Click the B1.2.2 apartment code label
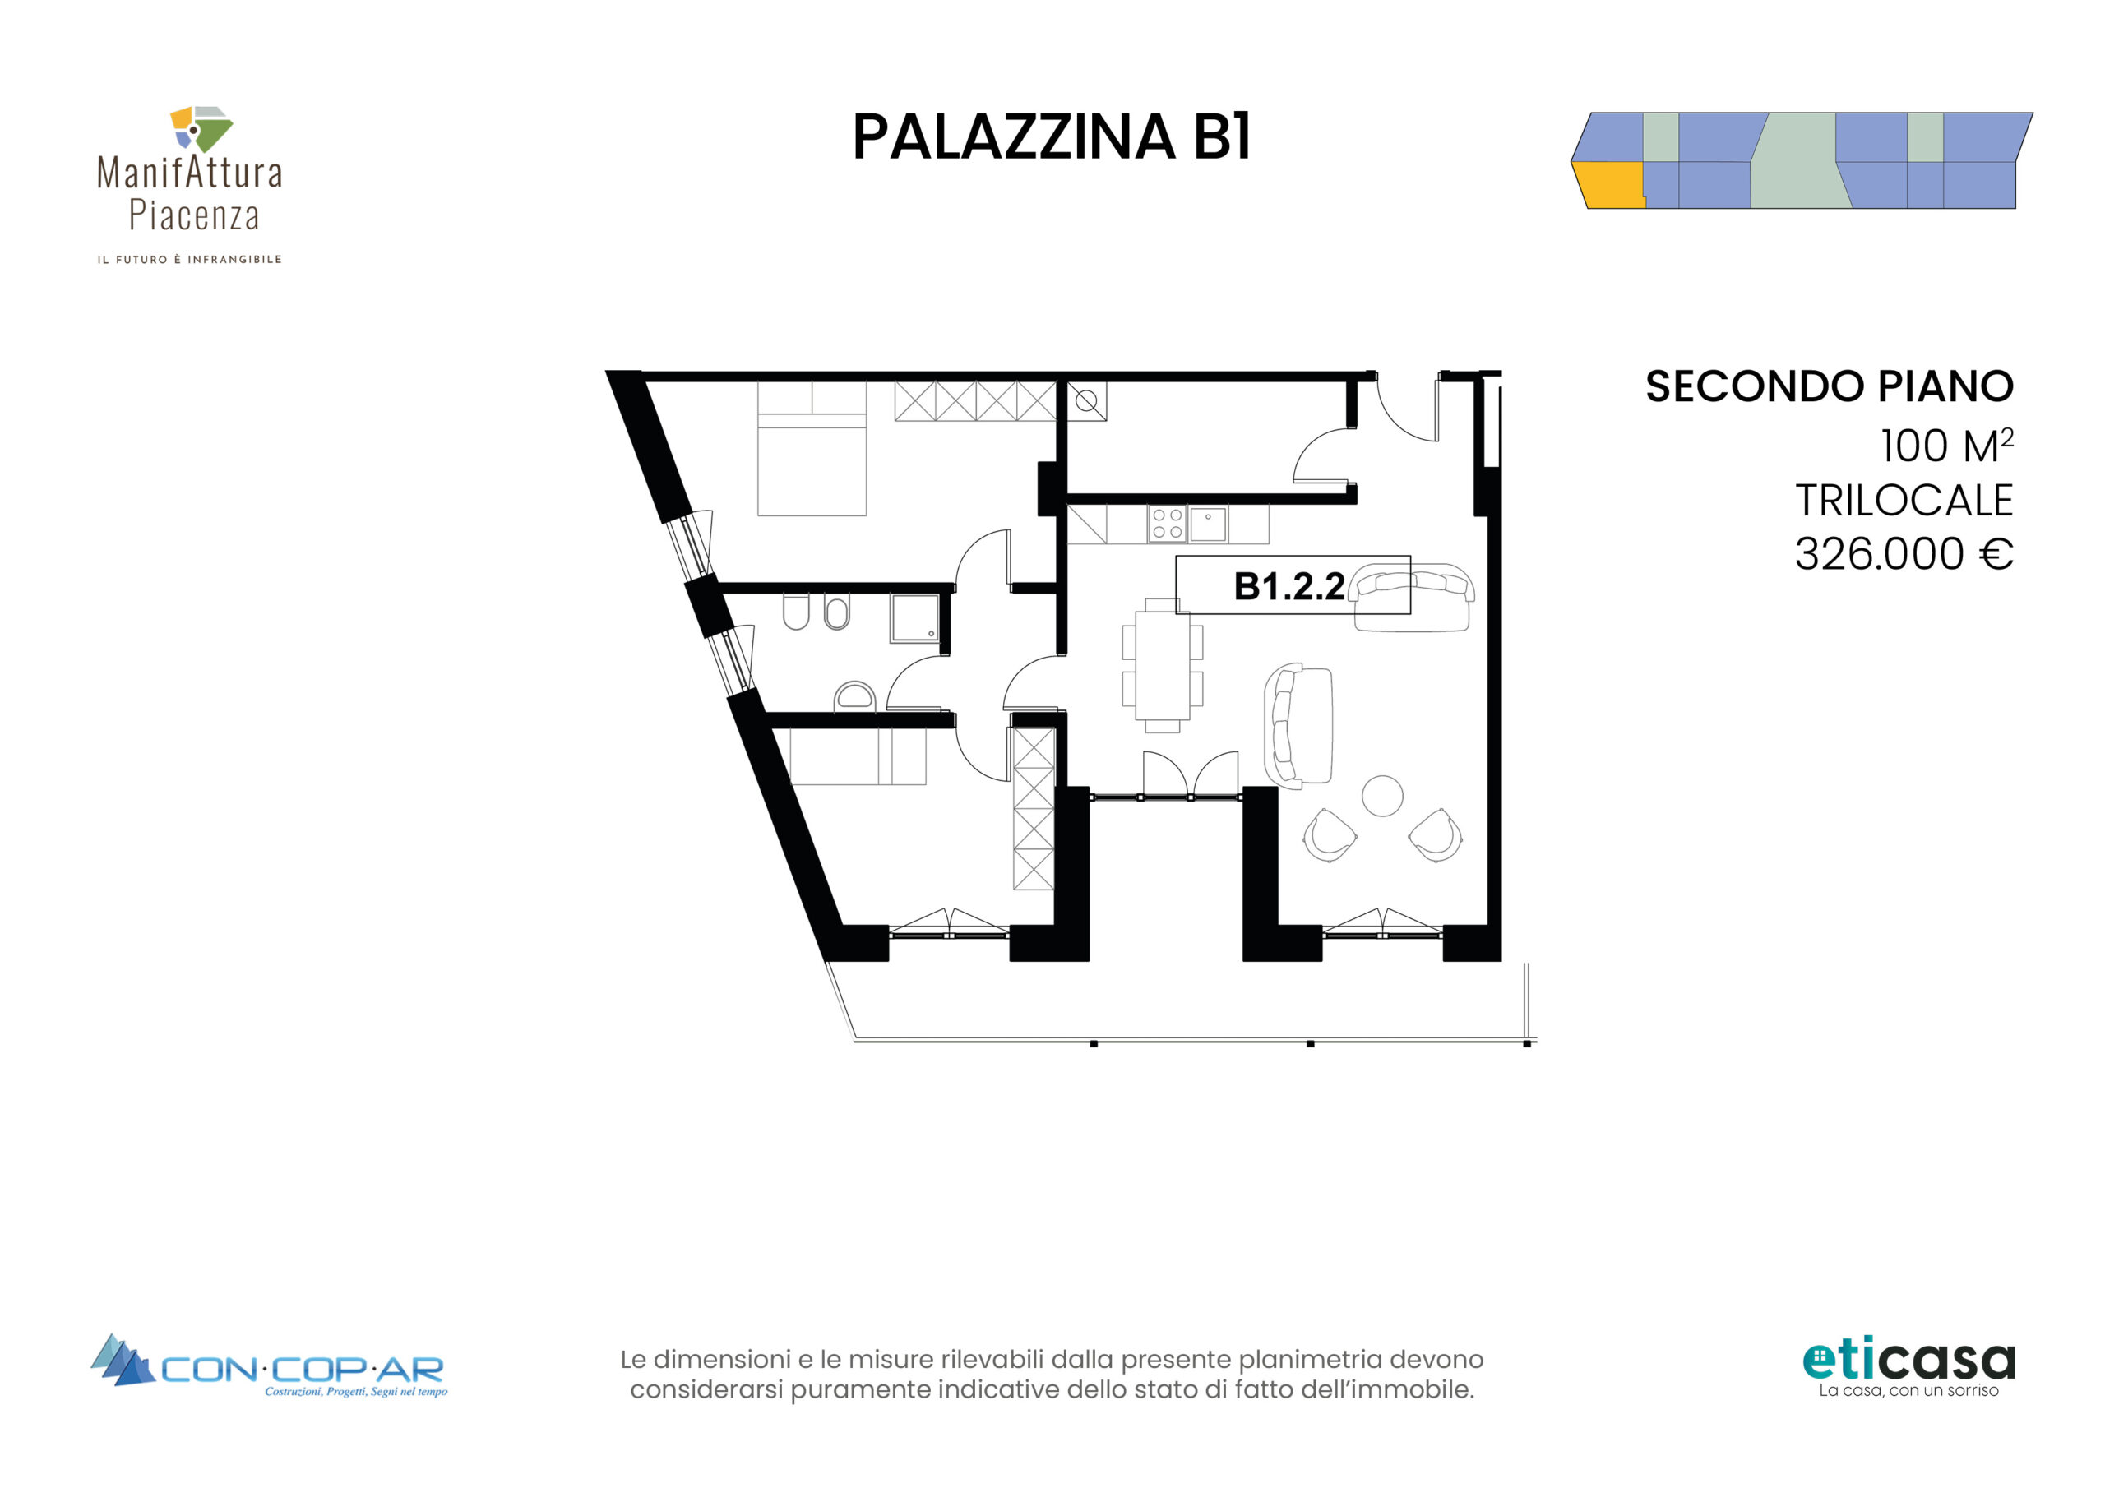(1288, 586)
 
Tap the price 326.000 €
(1904, 554)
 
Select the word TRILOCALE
(1904, 501)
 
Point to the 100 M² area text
(1946, 446)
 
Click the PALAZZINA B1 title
(1052, 137)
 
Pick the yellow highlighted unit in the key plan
(1608, 185)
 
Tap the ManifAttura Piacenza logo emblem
(200, 128)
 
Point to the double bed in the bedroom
(812, 449)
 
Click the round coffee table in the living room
(1382, 796)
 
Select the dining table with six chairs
(1163, 666)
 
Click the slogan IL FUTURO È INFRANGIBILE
(190, 260)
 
